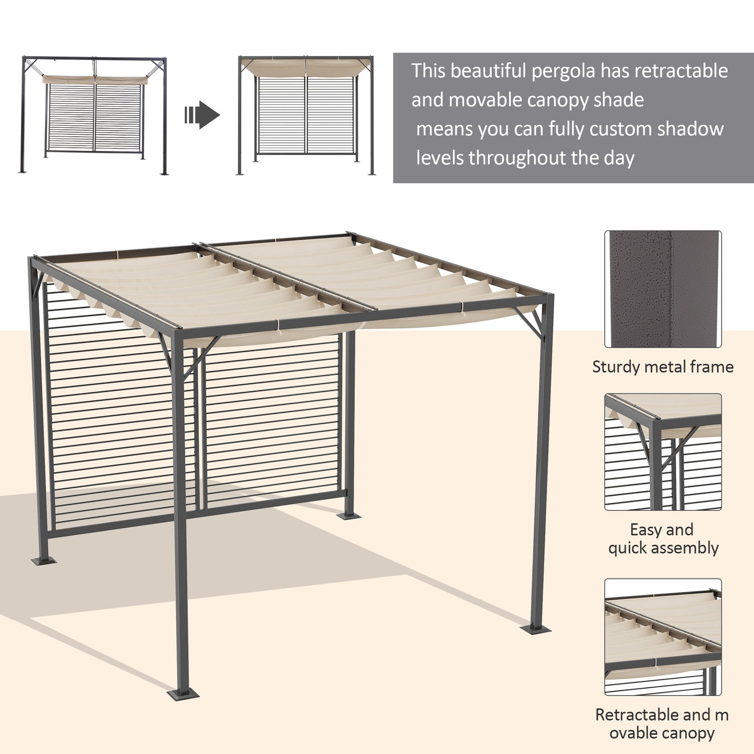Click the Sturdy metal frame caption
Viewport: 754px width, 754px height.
tap(663, 367)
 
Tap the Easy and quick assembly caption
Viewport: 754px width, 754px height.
tap(663, 538)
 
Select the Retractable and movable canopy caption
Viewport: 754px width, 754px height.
tap(662, 723)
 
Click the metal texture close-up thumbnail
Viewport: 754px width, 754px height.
tap(663, 289)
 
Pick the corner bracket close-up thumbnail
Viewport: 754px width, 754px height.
tap(663, 452)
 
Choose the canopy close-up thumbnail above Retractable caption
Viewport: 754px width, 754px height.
tap(663, 637)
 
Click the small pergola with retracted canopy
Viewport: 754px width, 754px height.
tap(94, 115)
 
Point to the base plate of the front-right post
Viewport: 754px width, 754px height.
tap(536, 629)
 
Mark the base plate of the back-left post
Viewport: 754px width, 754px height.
tap(44, 561)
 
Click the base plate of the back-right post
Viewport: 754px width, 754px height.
tap(349, 516)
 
